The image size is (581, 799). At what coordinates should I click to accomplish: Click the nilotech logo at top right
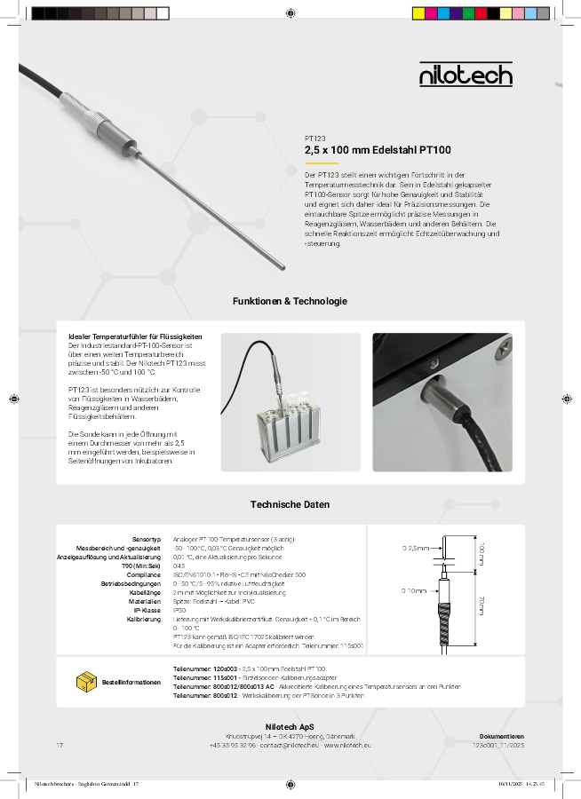point(466,75)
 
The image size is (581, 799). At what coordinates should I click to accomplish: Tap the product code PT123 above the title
point(314,138)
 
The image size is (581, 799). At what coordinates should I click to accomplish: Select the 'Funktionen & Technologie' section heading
point(290,301)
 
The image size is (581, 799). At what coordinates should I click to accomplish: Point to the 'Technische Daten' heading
point(290,504)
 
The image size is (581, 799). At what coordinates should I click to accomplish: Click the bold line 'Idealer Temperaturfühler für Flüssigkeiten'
point(135,336)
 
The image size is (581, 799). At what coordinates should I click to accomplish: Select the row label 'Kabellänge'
point(144,592)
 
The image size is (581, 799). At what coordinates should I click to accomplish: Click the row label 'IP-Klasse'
point(146,610)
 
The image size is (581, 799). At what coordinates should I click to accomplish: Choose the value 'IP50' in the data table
point(179,610)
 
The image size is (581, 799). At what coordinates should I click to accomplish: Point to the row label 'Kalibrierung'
point(143,619)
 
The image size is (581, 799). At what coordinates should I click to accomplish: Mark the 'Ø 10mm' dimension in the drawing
point(414,589)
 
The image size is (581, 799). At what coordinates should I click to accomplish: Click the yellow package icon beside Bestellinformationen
point(86,682)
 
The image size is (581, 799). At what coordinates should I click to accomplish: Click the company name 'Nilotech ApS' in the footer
point(290,727)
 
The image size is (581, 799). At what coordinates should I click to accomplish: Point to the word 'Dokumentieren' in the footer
point(501,736)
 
